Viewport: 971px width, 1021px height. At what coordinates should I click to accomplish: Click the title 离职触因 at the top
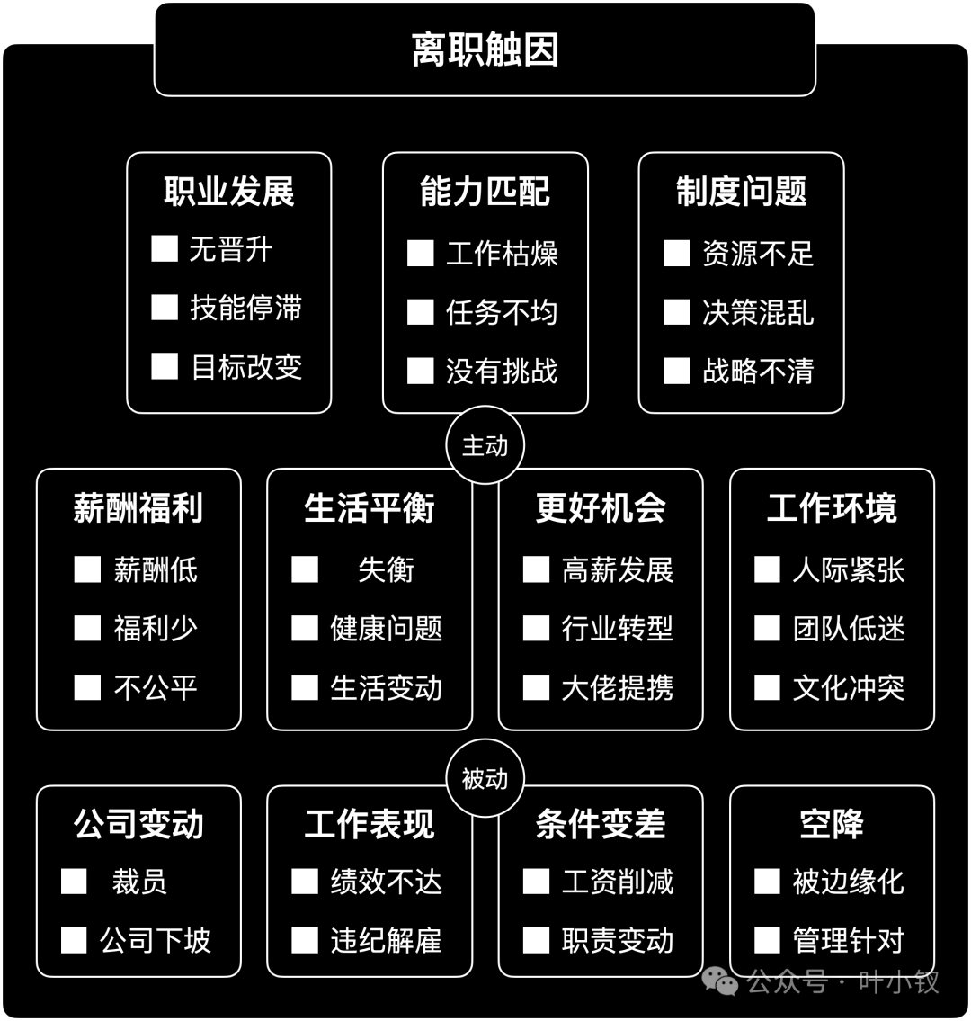tap(485, 49)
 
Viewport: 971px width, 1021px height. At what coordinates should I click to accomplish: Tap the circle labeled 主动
tap(485, 446)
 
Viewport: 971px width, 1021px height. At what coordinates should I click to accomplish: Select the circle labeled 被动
tap(485, 778)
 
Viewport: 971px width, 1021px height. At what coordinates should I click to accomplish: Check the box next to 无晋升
tap(164, 249)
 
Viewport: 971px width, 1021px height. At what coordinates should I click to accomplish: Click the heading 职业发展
tap(229, 192)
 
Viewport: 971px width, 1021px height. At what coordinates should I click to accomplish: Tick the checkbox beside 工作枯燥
tap(421, 254)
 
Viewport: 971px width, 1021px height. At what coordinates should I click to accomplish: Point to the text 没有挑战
tap(502, 372)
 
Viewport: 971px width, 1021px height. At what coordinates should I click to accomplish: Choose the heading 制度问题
tap(741, 192)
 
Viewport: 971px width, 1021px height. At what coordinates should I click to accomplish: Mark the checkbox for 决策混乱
tap(677, 312)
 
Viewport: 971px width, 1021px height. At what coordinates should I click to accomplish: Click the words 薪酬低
tap(156, 569)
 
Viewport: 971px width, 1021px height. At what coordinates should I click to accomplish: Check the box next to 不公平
tap(87, 687)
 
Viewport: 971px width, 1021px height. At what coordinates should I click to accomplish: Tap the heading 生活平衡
tap(369, 508)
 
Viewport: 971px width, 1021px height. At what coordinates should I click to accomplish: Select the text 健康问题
tap(386, 629)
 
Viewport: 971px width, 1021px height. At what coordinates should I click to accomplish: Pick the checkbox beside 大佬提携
tap(536, 687)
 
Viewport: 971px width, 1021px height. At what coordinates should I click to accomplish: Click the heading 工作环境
tap(832, 508)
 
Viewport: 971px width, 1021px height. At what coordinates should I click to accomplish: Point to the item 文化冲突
tap(849, 687)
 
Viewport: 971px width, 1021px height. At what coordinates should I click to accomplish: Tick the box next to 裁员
tap(74, 881)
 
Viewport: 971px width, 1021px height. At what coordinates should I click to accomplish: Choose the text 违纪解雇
tap(386, 940)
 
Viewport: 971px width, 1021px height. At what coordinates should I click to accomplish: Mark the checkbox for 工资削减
tap(536, 881)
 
